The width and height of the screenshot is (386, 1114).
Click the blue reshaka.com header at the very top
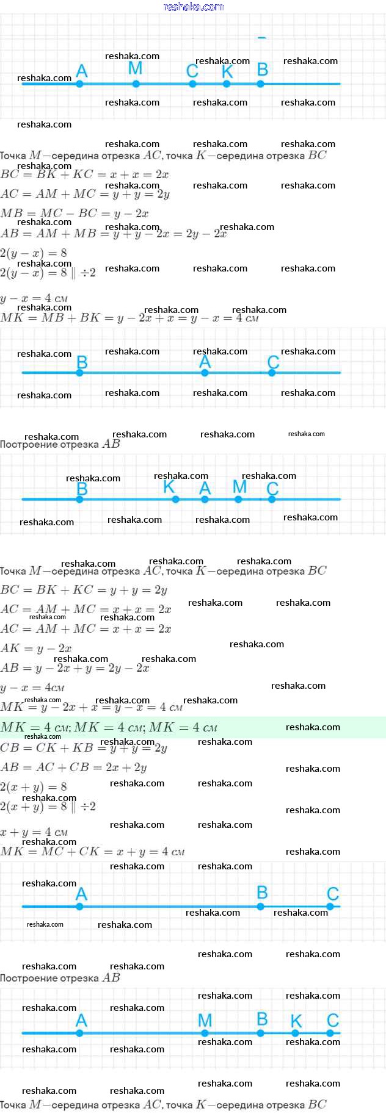pos(194,7)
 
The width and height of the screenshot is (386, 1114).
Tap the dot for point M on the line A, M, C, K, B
pos(136,84)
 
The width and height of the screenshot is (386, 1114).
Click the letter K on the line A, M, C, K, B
pos(227,71)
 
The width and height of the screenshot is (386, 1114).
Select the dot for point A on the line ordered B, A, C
pos(205,372)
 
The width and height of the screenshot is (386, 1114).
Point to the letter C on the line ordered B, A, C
pos(273,362)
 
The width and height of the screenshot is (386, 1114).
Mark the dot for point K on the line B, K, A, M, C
pos(175,499)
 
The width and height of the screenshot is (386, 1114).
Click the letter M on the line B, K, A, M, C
pos(239,487)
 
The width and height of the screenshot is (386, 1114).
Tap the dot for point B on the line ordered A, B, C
pos(261,907)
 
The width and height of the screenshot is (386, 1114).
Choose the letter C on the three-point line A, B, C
pos(333,894)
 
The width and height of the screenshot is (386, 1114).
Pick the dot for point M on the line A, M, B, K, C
pos(205,1033)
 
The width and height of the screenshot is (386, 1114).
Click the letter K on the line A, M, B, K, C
pos(296,1021)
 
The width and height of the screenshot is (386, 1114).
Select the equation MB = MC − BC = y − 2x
pos(75,214)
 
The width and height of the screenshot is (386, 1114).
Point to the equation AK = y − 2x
pos(36,649)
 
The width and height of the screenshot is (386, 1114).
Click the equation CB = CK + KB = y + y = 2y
pos(84,748)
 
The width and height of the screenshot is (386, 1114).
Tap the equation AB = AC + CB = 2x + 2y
pos(73,767)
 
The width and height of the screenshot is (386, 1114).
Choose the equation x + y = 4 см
pos(34,832)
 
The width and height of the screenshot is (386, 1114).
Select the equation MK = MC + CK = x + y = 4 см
pos(92,852)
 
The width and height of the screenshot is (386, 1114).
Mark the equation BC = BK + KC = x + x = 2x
pos(84,174)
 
